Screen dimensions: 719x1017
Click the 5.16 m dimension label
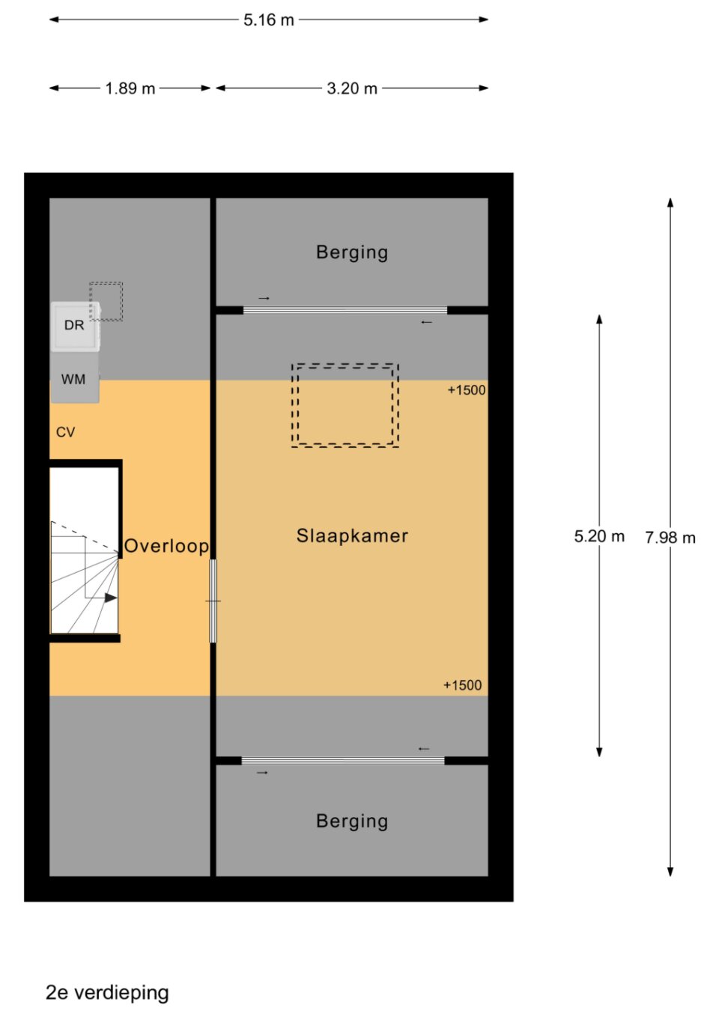click(269, 20)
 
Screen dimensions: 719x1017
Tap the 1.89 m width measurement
click(130, 88)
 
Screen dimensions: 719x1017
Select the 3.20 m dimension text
click(352, 88)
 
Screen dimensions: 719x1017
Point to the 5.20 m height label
click(599, 536)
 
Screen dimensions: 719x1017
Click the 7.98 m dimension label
click(670, 538)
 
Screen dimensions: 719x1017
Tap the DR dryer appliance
click(75, 327)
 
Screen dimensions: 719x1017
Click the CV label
click(65, 432)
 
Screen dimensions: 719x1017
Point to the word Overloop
click(166, 546)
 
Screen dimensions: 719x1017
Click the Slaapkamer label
click(352, 535)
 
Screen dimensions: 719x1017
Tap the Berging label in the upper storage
click(352, 252)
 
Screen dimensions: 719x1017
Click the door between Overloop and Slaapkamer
click(213, 601)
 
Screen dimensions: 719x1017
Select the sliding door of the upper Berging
click(345, 310)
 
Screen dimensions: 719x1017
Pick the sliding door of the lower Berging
click(343, 760)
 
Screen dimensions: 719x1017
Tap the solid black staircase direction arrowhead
click(111, 598)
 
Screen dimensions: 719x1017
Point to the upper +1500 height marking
click(467, 390)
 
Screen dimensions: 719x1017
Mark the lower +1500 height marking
click(463, 685)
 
